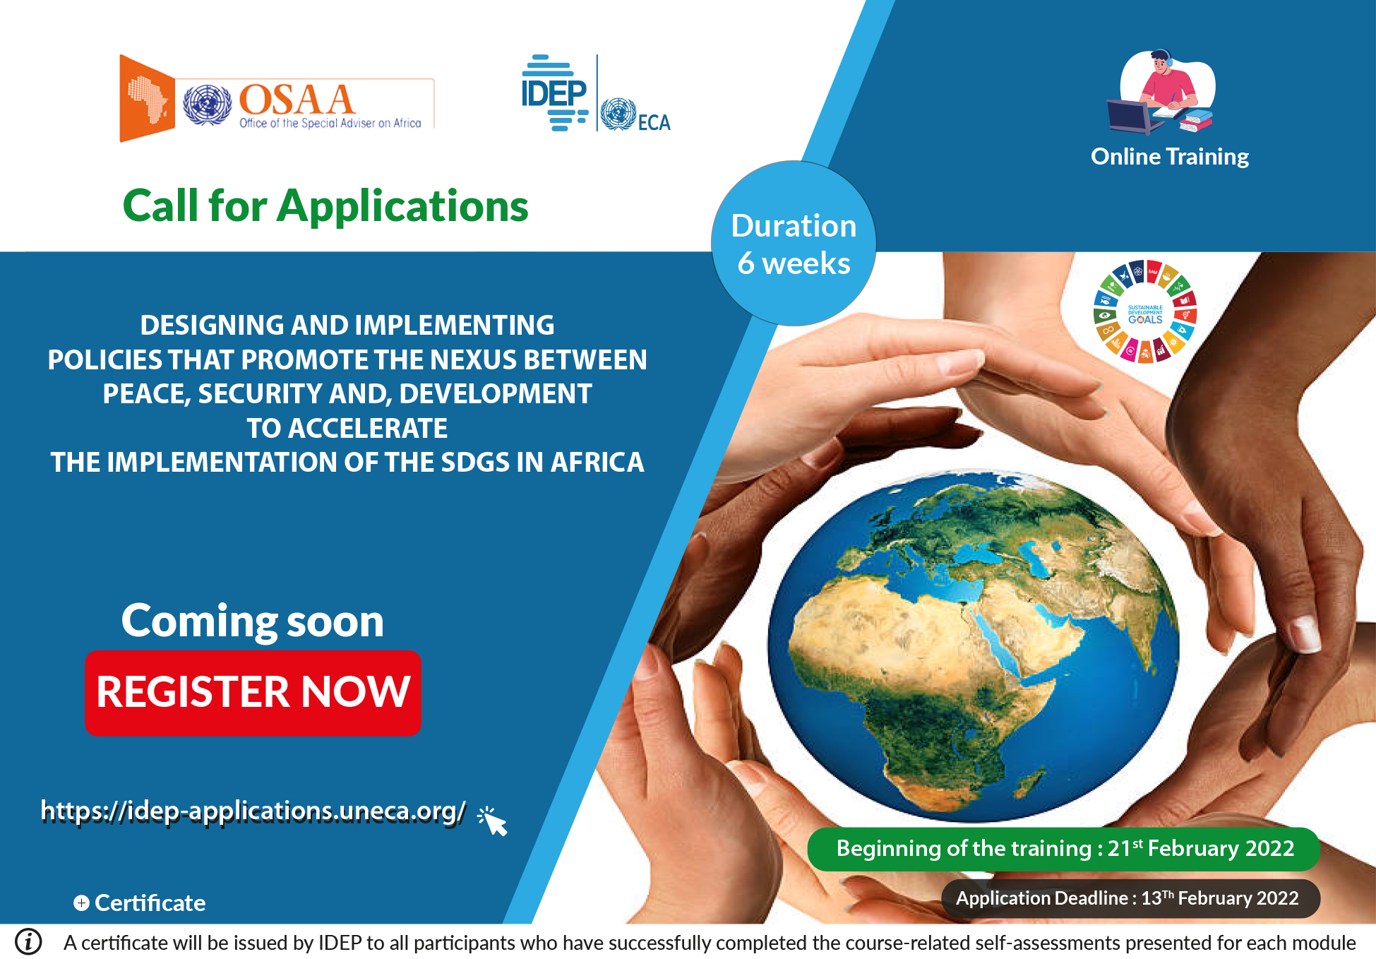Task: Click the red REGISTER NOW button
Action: point(253,693)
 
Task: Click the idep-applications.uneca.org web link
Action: point(253,811)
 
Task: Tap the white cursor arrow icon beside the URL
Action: point(492,821)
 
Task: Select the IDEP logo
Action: point(555,93)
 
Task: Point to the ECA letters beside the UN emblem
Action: point(654,123)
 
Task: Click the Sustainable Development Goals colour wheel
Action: point(1144,312)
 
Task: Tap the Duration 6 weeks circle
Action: point(794,244)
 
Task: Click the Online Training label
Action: point(1170,156)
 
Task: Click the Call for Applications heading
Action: point(325,206)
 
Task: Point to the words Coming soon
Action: point(253,621)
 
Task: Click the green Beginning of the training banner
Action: point(1063,849)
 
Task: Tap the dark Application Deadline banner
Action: point(1130,898)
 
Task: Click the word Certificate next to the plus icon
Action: point(150,903)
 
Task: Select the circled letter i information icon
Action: point(29,941)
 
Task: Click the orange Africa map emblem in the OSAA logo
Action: point(147,98)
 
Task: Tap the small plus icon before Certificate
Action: point(82,903)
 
